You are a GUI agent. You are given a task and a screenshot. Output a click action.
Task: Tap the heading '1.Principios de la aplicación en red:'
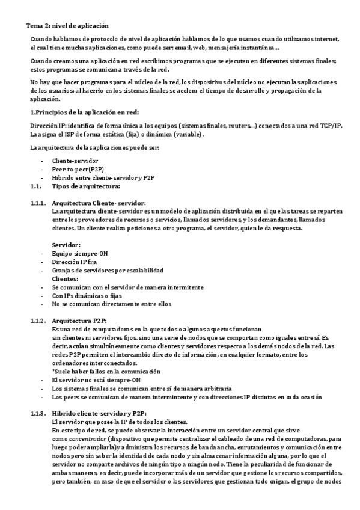(85, 112)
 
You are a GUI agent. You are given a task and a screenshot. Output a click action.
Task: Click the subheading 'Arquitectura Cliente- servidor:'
(99, 203)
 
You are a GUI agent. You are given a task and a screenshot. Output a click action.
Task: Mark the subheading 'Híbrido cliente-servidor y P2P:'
(99, 414)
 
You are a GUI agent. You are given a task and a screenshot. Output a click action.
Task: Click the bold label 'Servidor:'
(66, 245)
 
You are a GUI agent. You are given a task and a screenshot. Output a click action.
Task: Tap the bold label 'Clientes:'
(65, 279)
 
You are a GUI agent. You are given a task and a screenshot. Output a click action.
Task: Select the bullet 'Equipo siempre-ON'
(79, 254)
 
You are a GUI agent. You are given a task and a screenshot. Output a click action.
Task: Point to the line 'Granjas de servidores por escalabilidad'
(108, 271)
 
